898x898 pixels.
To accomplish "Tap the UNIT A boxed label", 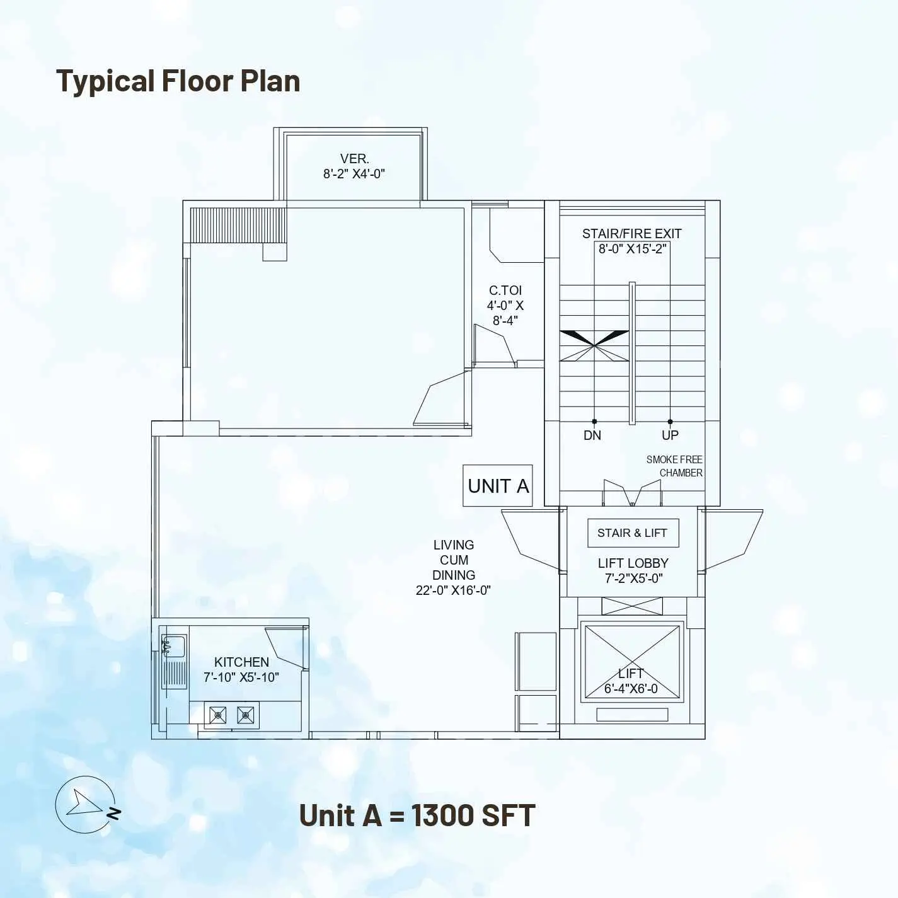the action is point(498,486).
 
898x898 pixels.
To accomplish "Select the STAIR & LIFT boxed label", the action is point(632,532).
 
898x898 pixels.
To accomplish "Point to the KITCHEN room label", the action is point(241,662).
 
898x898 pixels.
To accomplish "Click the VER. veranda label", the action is point(355,159).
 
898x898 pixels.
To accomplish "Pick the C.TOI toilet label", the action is point(505,291).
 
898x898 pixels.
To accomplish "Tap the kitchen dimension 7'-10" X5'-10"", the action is point(241,677).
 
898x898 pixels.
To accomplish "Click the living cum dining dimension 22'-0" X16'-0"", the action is point(454,590).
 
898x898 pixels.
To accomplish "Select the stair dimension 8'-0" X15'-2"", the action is point(632,249).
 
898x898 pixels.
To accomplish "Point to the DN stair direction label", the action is point(592,435).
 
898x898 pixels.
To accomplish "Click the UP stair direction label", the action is point(670,435).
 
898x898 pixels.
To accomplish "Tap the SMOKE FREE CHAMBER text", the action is point(674,466).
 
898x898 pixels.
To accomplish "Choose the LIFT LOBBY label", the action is point(633,563).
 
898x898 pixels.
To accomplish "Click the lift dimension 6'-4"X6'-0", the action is point(631,688).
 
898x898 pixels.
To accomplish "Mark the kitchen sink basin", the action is point(174,646).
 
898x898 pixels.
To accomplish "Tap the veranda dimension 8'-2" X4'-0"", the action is point(354,175).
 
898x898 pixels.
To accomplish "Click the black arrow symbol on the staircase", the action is point(594,345).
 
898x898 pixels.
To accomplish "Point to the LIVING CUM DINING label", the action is point(454,560).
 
